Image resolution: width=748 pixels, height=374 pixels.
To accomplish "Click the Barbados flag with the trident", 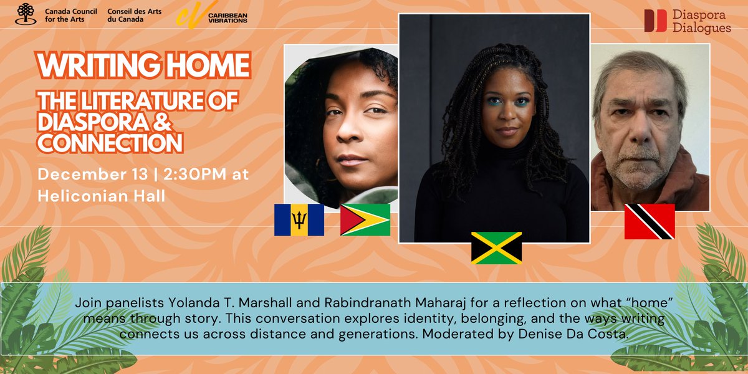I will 299,220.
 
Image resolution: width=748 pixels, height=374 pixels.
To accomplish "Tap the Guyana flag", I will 365,220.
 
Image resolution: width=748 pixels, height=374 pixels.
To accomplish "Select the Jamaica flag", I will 496,248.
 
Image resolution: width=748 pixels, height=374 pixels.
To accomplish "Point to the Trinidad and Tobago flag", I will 650,221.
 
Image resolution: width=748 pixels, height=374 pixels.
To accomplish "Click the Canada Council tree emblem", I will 26,14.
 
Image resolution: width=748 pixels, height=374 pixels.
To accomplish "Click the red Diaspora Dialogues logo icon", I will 655,21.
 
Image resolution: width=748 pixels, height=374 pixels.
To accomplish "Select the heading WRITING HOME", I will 143,65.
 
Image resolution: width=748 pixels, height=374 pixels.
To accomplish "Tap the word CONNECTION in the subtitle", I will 110,143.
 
